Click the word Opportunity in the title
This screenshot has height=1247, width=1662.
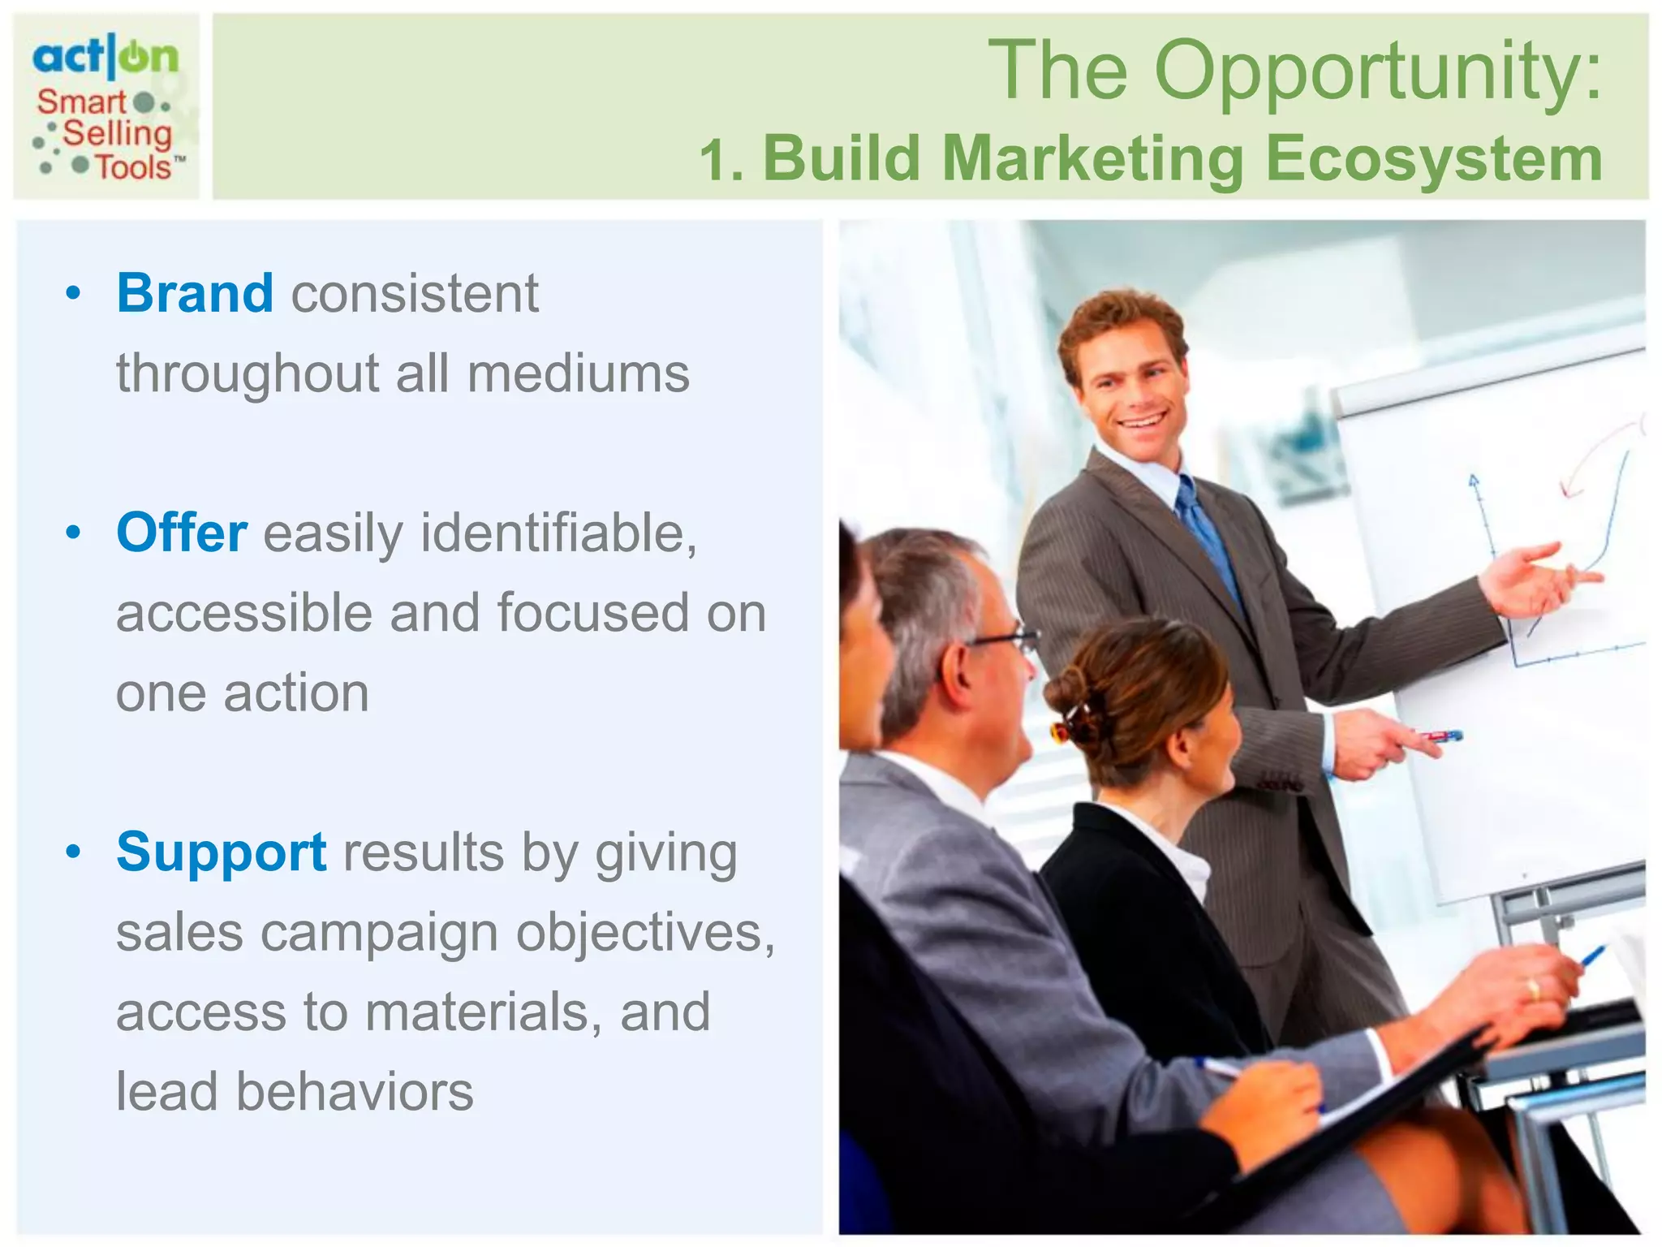(1378, 73)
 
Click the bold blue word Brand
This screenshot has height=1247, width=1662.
(195, 293)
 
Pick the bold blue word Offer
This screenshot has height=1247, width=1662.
(182, 533)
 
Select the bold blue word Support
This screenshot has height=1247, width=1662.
(222, 852)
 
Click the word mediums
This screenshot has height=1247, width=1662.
(578, 374)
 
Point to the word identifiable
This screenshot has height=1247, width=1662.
(558, 533)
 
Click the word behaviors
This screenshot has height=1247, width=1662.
(355, 1092)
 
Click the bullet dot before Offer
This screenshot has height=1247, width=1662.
(74, 533)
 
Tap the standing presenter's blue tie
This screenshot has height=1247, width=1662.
(1209, 536)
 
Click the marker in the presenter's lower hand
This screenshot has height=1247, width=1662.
(1440, 736)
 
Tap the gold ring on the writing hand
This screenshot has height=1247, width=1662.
(1533, 988)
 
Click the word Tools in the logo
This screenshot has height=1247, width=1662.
(134, 167)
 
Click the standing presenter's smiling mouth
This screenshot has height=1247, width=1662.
(1142, 421)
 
